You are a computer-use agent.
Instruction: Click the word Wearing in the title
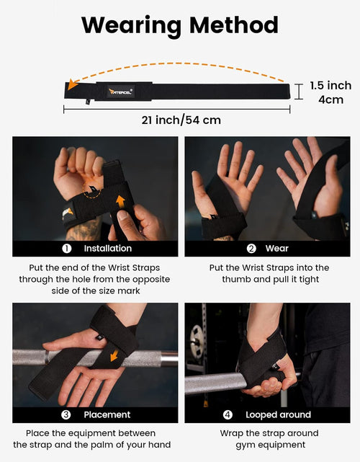tap(130, 25)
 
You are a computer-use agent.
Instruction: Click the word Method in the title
tap(231, 25)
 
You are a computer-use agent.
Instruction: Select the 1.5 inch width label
tap(330, 85)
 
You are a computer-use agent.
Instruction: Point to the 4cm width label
tap(330, 99)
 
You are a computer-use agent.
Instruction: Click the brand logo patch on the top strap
tap(115, 91)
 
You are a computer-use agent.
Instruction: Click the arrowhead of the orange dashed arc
tap(71, 84)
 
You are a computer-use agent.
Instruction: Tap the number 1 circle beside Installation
tap(66, 249)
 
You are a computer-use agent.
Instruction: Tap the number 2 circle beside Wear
tap(251, 249)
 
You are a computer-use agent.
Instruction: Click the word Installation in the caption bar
tap(107, 249)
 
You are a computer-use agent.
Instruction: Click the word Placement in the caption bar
tap(107, 414)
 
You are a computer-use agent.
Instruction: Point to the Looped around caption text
tap(277, 414)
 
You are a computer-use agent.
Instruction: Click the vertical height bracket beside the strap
tap(298, 91)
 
